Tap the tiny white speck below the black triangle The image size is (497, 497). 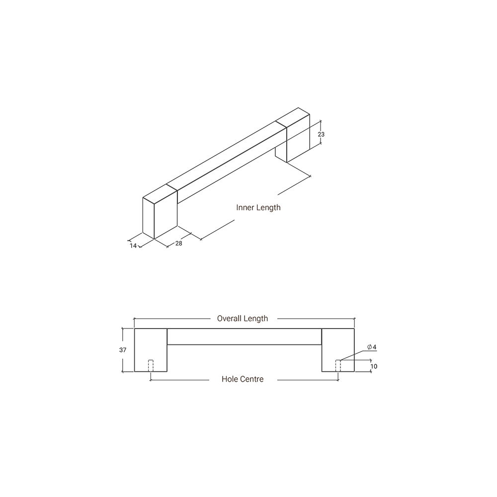[x=338, y=370]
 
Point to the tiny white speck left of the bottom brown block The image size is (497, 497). [x=150, y=370]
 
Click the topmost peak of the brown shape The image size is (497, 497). [x=266, y=181]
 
